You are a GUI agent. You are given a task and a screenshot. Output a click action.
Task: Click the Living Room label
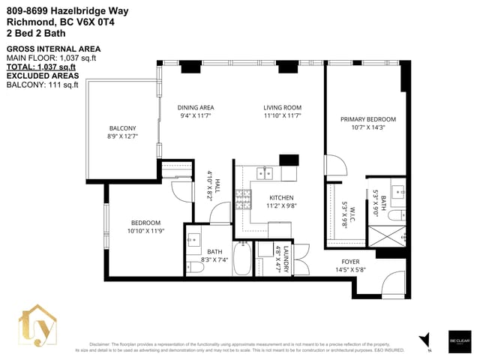point(282,107)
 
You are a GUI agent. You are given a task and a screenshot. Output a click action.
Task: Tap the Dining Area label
point(196,107)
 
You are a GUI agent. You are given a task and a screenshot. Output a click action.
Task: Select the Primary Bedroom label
point(367,119)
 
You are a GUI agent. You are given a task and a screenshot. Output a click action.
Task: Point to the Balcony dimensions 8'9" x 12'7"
point(124,136)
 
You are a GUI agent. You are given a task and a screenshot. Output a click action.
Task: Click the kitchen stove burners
point(244,198)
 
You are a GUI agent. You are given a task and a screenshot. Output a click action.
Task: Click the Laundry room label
point(286,259)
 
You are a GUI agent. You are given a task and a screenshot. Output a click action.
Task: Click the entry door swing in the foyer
point(391,286)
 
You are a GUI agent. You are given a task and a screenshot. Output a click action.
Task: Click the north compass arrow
point(426,340)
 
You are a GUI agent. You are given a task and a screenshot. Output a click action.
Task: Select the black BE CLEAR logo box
point(458,339)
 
